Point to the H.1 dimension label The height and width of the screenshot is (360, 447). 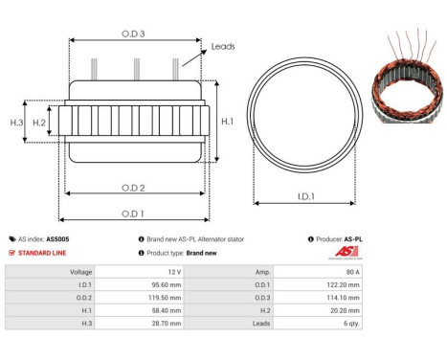[x=226, y=122]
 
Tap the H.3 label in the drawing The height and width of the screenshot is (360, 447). [x=16, y=123]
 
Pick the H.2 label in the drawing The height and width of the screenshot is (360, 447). [x=39, y=123]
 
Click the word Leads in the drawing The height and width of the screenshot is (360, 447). [x=224, y=45]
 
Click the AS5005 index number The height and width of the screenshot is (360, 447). [x=56, y=238]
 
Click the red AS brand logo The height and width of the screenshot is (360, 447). [x=345, y=252]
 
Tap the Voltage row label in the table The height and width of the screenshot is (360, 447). [x=80, y=271]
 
